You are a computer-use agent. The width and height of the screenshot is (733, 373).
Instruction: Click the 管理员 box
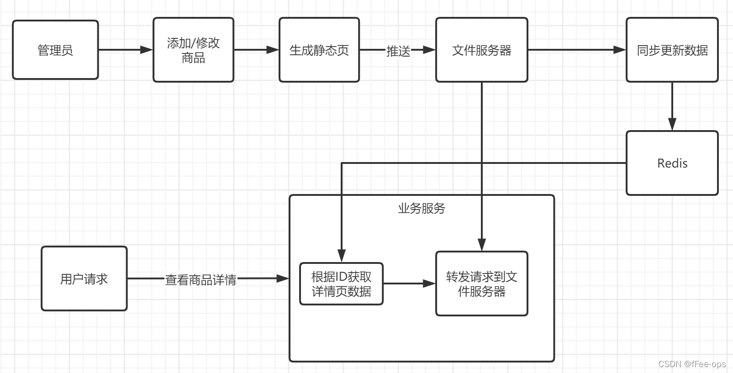pyautogui.click(x=55, y=50)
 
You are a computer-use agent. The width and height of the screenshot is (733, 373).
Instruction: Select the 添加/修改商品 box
pyautogui.click(x=193, y=50)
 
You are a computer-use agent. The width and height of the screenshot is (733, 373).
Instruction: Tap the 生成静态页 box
pyautogui.click(x=319, y=50)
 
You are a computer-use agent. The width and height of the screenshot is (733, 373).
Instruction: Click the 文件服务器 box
pyautogui.click(x=481, y=50)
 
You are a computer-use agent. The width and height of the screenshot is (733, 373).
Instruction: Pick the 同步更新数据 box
pyautogui.click(x=672, y=50)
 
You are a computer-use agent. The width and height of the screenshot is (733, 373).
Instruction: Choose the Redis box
pyautogui.click(x=672, y=163)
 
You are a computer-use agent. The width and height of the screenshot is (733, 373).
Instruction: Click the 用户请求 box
pyautogui.click(x=84, y=278)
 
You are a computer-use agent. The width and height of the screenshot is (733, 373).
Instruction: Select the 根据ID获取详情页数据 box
pyautogui.click(x=341, y=284)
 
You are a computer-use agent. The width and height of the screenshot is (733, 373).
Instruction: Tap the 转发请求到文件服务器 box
pyautogui.click(x=481, y=284)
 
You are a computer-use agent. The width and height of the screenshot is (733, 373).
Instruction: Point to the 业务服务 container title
pyautogui.click(x=421, y=208)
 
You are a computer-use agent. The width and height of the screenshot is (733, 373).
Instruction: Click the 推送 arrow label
pyautogui.click(x=398, y=51)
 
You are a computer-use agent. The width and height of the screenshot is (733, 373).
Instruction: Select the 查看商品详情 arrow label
pyautogui.click(x=200, y=279)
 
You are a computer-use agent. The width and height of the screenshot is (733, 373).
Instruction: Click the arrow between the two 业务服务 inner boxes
pyautogui.click(x=409, y=284)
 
